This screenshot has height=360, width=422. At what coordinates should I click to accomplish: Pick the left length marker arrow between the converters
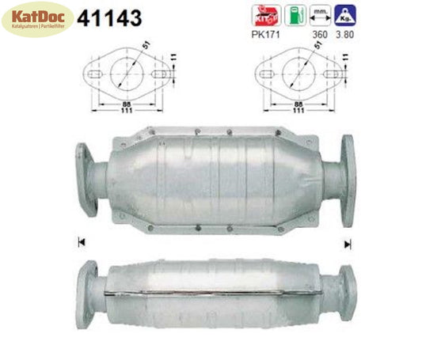pyautogui.click(x=81, y=241)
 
